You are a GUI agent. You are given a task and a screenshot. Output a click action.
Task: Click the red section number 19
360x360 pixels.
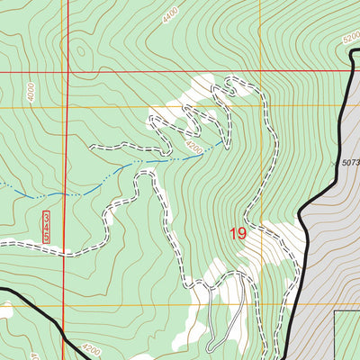(x=238, y=234)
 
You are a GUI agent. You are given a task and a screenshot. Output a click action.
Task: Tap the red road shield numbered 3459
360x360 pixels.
(x=46, y=227)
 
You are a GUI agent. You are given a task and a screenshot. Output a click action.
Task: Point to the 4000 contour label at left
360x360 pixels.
(x=31, y=92)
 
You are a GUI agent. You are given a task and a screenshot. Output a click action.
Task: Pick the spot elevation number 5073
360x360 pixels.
(x=350, y=163)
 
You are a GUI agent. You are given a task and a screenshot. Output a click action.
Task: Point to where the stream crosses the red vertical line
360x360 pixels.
(x=67, y=192)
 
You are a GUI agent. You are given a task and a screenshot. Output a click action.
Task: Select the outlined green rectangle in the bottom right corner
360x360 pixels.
(x=346, y=335)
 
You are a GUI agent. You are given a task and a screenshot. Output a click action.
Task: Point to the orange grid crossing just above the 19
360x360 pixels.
(x=261, y=107)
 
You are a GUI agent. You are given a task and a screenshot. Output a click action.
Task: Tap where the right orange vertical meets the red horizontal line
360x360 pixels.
(x=261, y=70)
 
